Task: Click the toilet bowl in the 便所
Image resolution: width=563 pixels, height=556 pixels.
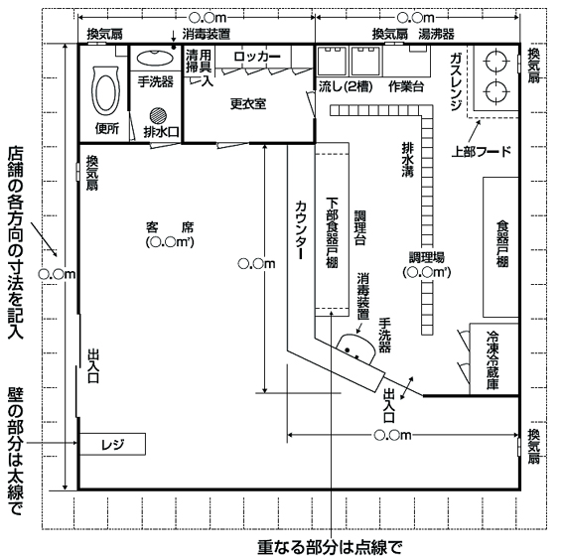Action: click(105, 91)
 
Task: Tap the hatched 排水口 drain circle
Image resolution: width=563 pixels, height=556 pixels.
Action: click(158, 116)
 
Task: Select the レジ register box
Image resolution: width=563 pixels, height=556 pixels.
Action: click(112, 444)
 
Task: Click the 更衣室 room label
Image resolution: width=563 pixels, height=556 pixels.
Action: click(248, 104)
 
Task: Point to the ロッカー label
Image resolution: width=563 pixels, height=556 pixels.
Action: click(257, 57)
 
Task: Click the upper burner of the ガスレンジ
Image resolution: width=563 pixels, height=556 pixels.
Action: click(495, 62)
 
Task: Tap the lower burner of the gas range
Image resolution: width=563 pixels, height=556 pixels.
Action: click(495, 91)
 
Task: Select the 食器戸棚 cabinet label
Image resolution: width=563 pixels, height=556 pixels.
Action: click(502, 244)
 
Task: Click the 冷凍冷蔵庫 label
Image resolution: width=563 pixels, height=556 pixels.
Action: click(493, 360)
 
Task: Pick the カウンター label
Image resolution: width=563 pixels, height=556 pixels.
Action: click(301, 230)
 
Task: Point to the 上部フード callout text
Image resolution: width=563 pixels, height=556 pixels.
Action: click(482, 152)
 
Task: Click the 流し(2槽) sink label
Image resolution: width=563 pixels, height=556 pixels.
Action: click(346, 86)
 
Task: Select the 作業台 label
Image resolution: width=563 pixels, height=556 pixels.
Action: click(406, 86)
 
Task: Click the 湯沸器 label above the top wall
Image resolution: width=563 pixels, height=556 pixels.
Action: click(436, 34)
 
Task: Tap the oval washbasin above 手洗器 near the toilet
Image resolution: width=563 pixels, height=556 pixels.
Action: click(155, 58)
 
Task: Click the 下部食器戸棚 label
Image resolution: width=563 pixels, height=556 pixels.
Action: click(332, 232)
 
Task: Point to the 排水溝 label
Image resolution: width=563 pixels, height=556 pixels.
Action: click(408, 160)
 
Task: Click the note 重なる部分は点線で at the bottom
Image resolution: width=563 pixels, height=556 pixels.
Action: click(330, 547)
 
